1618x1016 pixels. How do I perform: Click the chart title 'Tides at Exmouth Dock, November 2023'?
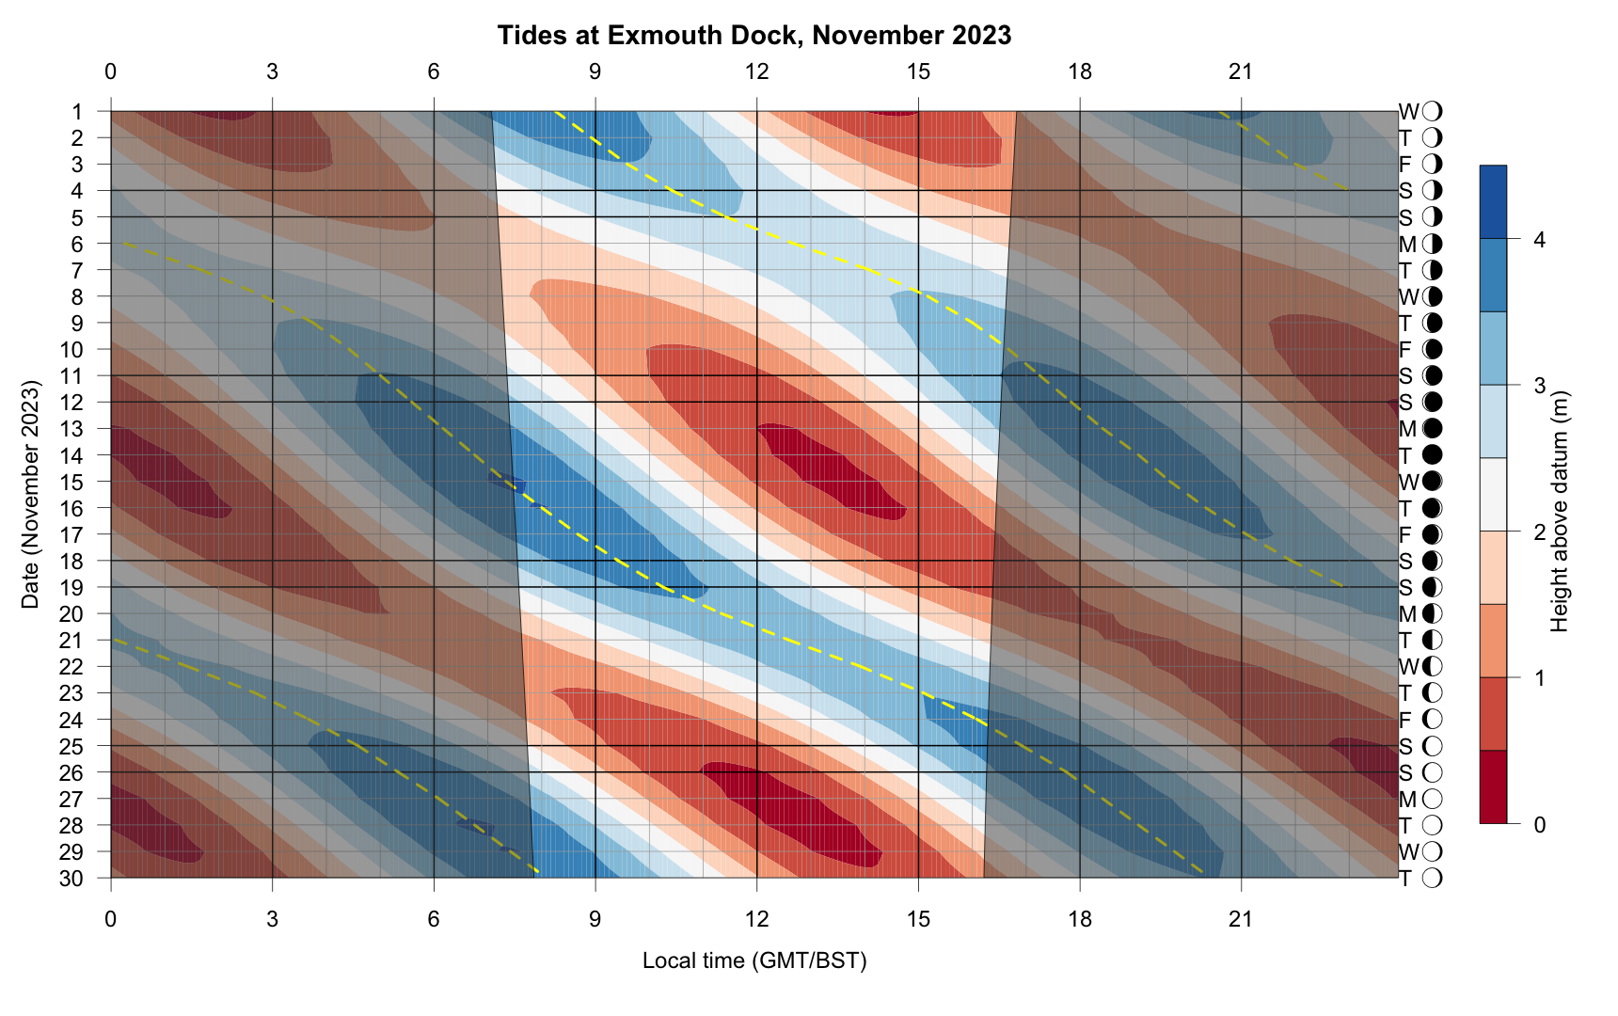pos(754,36)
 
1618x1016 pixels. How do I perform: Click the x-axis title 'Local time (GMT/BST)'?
pos(754,960)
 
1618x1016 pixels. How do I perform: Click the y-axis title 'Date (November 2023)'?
pos(31,495)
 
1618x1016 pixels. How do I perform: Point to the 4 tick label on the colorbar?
pos(1539,240)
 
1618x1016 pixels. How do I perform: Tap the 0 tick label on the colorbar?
pos(1539,825)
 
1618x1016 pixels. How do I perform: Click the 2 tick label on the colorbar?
pos(1539,532)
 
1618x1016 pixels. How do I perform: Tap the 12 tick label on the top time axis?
pos(756,71)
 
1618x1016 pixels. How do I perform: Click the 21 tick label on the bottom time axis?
pos(1242,918)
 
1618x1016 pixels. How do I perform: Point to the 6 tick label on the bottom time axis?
pos(434,918)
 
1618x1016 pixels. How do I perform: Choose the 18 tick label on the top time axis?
pos(1080,71)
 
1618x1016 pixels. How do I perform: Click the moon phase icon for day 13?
pos(1433,429)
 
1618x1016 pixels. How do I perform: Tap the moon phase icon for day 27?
pos(1433,800)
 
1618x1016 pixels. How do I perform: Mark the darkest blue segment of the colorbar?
pos(1493,202)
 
